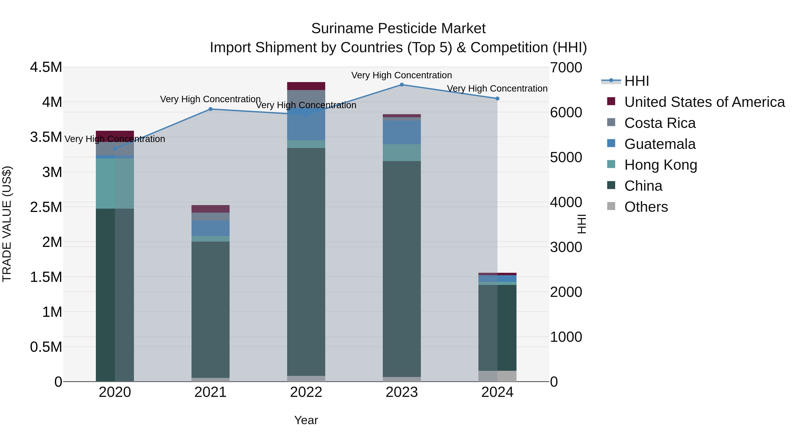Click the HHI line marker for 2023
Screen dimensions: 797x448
[402, 85]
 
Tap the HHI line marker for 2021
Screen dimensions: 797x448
[210, 109]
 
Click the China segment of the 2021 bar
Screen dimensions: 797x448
[210, 309]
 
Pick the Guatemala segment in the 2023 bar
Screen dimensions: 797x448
[402, 132]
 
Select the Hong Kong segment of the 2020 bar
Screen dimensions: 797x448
[115, 183]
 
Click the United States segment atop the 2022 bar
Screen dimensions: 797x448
[306, 86]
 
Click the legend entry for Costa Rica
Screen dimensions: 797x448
[660, 123]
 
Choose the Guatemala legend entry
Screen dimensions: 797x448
[660, 144]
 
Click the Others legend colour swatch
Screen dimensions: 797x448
[611, 206]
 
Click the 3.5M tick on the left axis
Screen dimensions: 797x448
[46, 137]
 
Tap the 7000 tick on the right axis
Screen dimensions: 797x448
[566, 68]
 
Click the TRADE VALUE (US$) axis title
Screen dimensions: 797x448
[7, 224]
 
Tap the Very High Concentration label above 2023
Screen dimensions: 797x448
[401, 75]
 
